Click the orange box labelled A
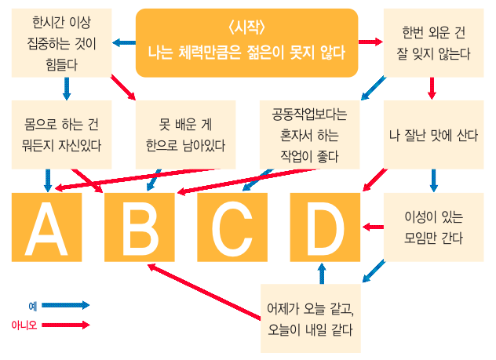coord(46,227)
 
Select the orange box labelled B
coord(140,227)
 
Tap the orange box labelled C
coord(232,227)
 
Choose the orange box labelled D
coord(324,227)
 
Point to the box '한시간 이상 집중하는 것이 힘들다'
coord(61,43)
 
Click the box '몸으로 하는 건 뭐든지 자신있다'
coord(61,133)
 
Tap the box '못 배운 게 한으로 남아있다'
coord(181,133)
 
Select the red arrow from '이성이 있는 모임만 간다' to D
coord(373,227)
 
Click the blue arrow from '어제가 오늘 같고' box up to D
coord(323,273)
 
